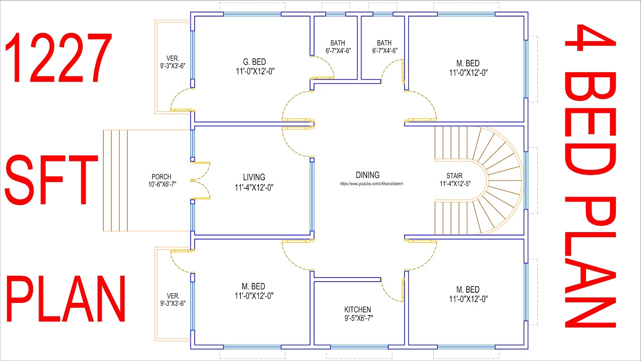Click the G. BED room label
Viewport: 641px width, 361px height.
tap(254, 62)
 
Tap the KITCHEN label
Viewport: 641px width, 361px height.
tap(358, 309)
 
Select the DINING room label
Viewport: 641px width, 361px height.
tap(368, 175)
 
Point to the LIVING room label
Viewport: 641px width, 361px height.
tap(254, 177)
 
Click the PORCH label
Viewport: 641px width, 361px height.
tap(161, 177)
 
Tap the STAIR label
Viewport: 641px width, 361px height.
tap(454, 175)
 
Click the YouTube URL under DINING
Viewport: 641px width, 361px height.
tap(372, 184)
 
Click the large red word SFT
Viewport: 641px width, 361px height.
tap(52, 179)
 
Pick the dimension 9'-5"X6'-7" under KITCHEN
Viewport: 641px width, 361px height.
tap(359, 318)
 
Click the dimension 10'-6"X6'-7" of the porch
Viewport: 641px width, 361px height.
tap(162, 184)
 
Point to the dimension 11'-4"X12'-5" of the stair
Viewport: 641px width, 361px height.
tap(455, 184)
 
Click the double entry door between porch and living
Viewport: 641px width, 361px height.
tap(200, 180)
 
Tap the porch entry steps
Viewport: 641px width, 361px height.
tap(115, 180)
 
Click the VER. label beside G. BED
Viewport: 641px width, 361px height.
tap(173, 59)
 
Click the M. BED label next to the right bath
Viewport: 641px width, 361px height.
tap(468, 63)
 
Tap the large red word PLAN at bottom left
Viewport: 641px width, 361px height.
tap(66, 299)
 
